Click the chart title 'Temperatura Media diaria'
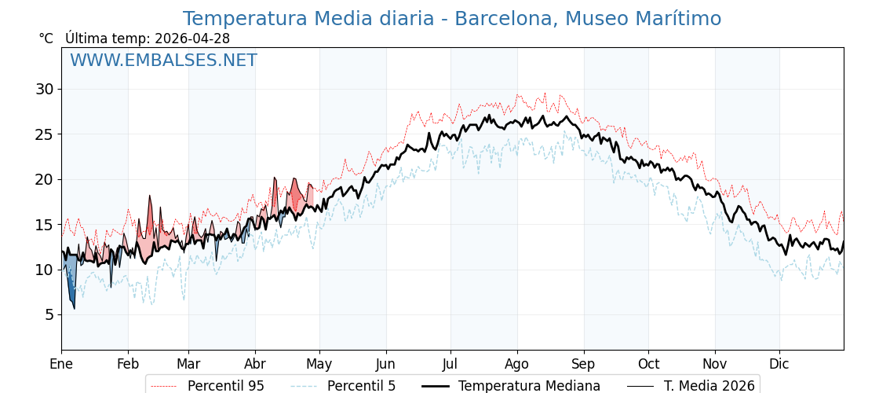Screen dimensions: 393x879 [451, 19]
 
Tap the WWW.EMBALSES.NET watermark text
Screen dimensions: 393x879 [163, 61]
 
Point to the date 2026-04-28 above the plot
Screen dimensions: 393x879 [192, 39]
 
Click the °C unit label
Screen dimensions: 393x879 [46, 39]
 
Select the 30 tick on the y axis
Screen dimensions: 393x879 [44, 89]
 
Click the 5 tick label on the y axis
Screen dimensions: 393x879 [49, 314]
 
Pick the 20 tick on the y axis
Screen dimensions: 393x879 [44, 179]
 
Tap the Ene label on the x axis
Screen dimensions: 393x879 [61, 364]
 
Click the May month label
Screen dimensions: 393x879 [319, 364]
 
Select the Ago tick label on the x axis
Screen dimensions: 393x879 [517, 364]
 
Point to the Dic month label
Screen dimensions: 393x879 [779, 364]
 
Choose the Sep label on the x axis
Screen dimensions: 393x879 [584, 364]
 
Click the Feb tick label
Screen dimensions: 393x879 [128, 364]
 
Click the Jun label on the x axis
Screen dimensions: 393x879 [385, 364]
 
